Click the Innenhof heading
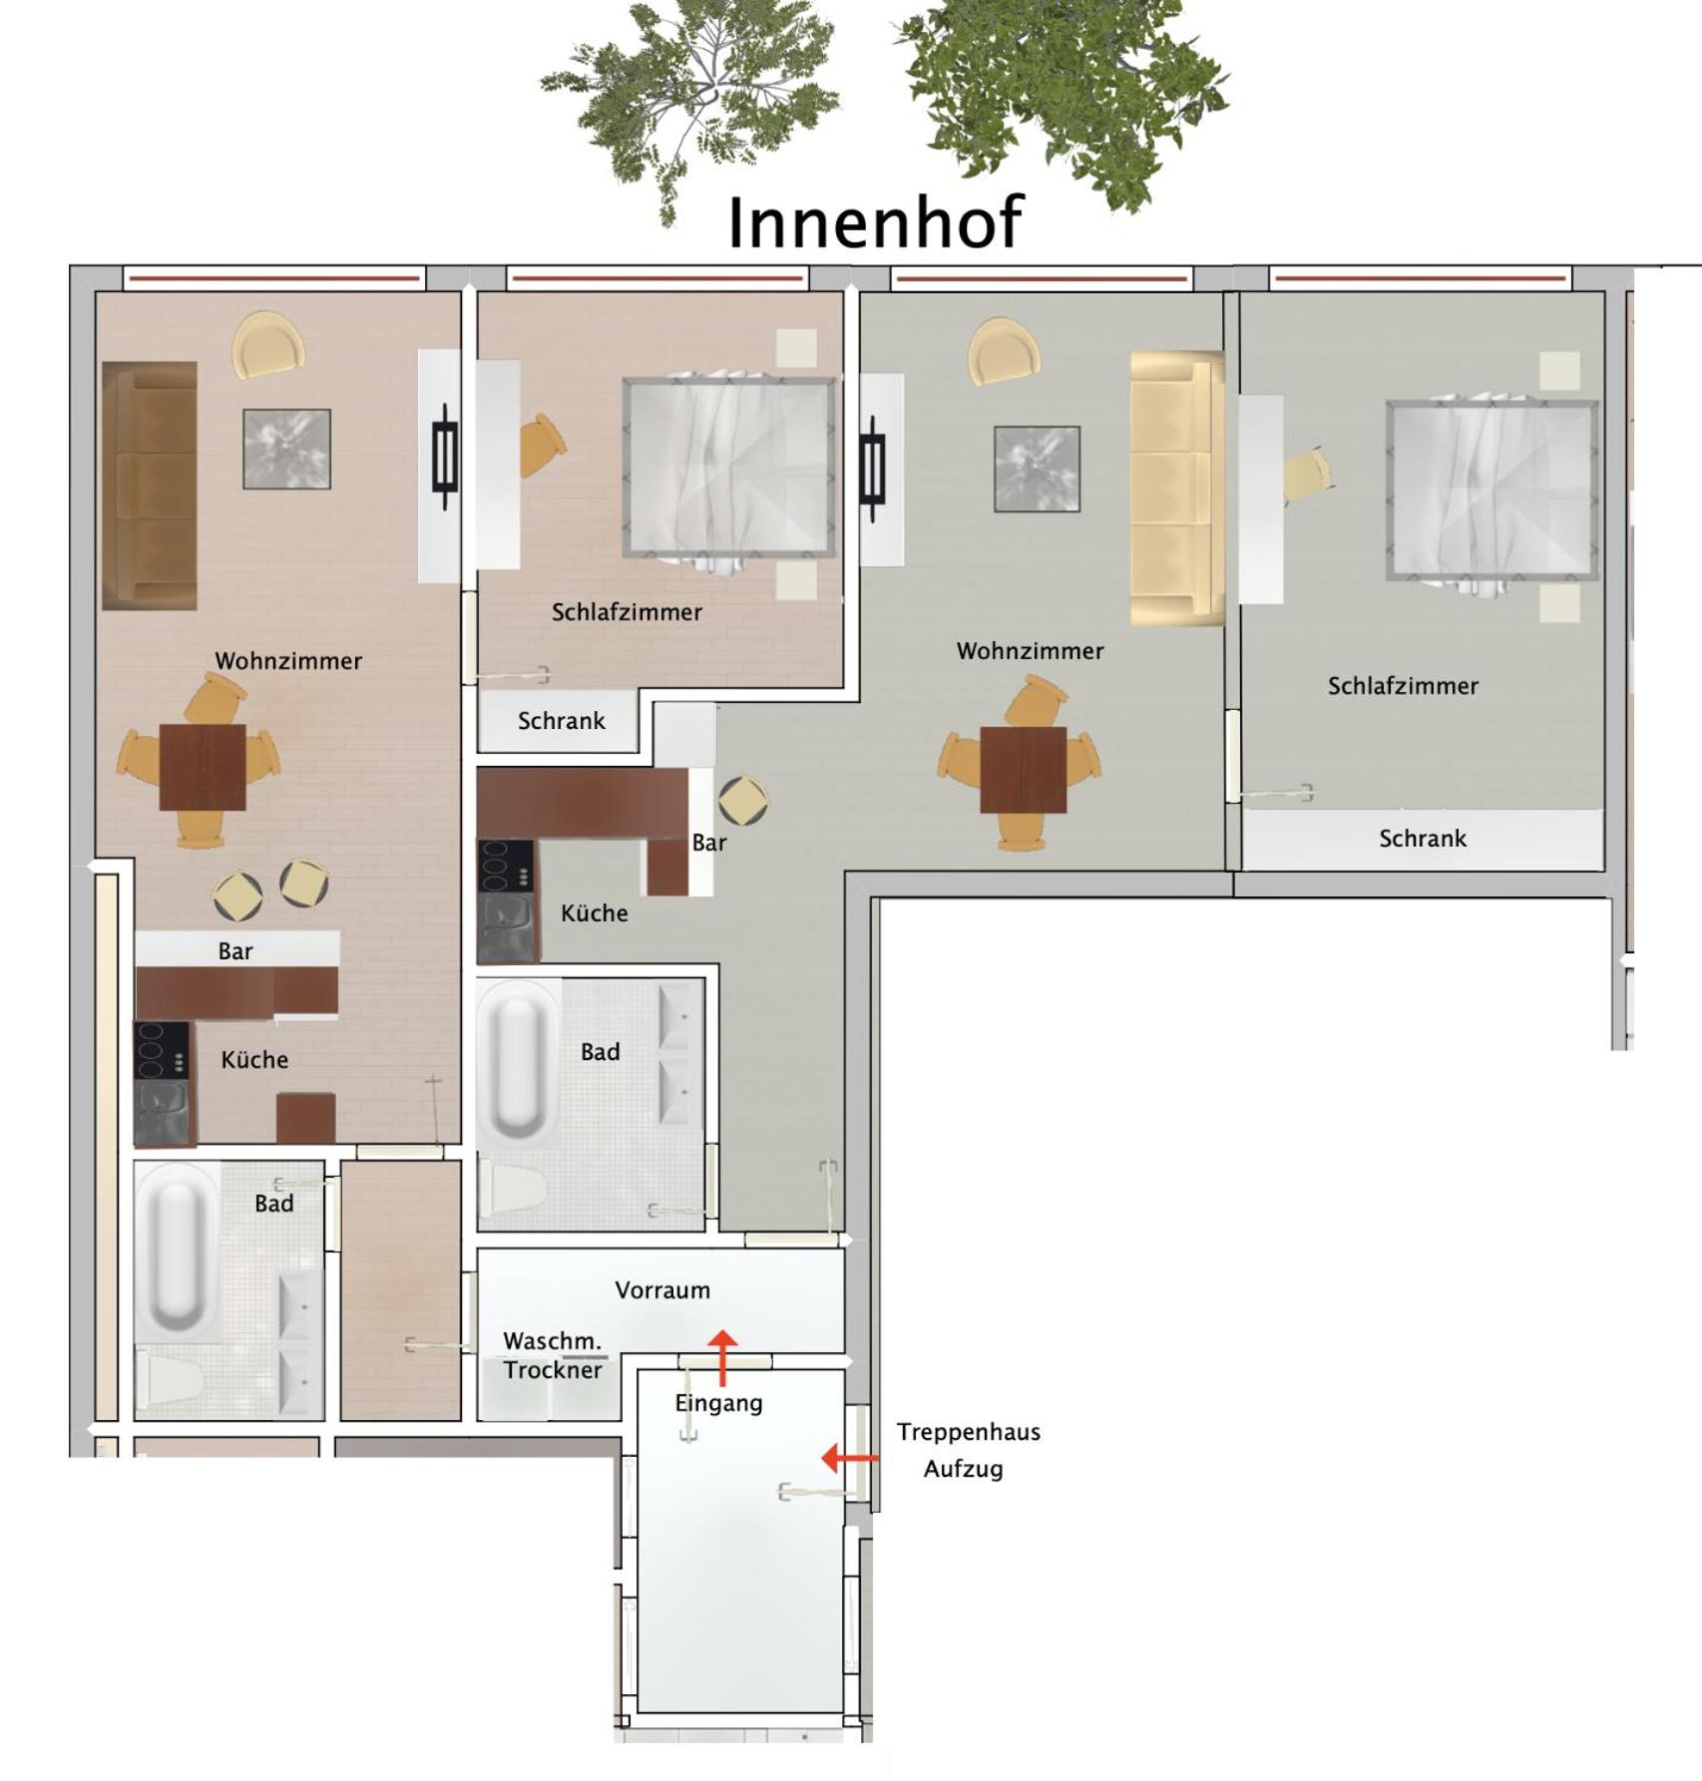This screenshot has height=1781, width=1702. [x=875, y=221]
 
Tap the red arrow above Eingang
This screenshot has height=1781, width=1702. [x=722, y=1357]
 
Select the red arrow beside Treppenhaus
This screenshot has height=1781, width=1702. [x=850, y=1458]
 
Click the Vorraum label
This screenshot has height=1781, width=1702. [x=662, y=1290]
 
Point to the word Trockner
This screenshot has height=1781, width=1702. [x=553, y=1370]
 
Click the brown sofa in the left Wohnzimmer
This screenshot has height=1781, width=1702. [x=150, y=486]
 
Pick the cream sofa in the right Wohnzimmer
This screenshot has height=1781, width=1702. [x=1177, y=488]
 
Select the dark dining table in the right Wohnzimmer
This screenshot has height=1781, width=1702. [x=1024, y=770]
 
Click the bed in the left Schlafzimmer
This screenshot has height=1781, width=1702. [x=729, y=468]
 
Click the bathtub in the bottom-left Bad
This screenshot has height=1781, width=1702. [x=177, y=1251]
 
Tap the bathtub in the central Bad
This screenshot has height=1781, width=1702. [x=518, y=1060]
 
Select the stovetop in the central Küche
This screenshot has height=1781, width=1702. [x=506, y=866]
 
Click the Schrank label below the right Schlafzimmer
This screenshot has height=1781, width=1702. [x=1423, y=839]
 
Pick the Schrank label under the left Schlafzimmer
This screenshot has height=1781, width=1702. [x=561, y=721]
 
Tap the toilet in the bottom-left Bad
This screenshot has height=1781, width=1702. [x=170, y=1379]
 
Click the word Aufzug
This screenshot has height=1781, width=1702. [x=963, y=1469]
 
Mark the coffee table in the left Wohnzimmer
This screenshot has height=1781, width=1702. [x=287, y=449]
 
